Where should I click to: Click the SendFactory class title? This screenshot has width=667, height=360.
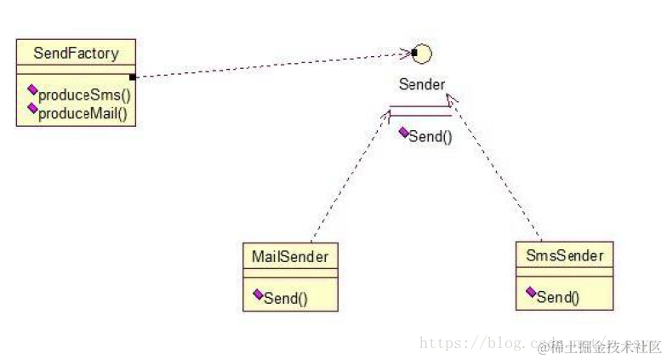[76, 54]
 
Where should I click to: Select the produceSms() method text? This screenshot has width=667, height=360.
[85, 94]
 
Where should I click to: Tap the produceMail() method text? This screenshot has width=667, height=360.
[86, 111]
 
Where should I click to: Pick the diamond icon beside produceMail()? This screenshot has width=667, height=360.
[32, 107]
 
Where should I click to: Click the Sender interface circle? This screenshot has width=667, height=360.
[422, 54]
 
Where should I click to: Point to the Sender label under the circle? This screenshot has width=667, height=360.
[421, 84]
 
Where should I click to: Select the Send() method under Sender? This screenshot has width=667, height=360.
[430, 136]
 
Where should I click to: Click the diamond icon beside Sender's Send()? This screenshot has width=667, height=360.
[403, 132]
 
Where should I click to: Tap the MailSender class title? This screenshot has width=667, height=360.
[290, 255]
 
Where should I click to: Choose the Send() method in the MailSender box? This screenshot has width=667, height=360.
[286, 297]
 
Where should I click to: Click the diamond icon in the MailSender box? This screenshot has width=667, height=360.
[258, 294]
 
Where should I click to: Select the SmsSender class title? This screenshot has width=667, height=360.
[564, 254]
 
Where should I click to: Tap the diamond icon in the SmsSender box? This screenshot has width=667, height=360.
[531, 292]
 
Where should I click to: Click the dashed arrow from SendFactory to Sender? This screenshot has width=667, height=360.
[272, 66]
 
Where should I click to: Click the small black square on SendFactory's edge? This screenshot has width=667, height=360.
[134, 77]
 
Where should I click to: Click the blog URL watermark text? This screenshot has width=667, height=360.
[476, 344]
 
